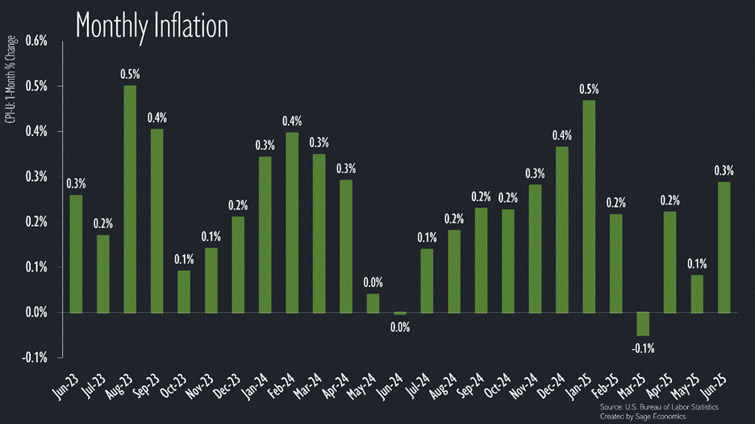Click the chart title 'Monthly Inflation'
pos(152,26)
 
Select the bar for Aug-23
pos(130,198)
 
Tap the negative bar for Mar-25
pos(643,323)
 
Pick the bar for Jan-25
pos(589,206)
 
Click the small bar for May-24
pos(373,303)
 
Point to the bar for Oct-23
pos(184,291)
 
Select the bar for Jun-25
pos(724,247)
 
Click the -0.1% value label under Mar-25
pos(643,348)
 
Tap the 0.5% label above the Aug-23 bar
pos(130,74)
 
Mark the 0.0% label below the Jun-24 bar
pos(399,327)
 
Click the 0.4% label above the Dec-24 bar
pos(562,135)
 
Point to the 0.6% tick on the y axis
pos(38,41)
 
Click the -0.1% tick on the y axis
pos(36,357)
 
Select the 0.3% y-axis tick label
pos(38,177)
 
